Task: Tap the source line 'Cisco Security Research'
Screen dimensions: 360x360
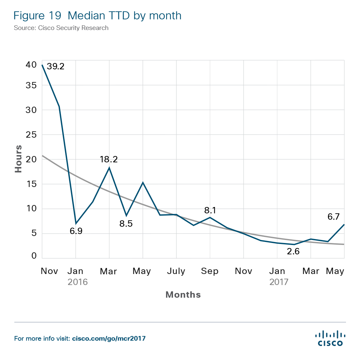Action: (61, 28)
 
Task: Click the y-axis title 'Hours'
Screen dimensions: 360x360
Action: (19, 159)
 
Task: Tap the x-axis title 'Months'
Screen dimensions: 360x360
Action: (183, 295)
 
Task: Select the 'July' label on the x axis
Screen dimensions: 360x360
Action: (176, 271)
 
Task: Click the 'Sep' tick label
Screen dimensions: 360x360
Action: (210, 271)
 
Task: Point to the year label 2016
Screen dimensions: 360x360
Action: (78, 282)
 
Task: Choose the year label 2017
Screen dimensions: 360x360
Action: (279, 282)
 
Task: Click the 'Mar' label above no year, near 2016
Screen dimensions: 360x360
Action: (109, 271)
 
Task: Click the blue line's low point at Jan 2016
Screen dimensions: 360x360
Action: (76, 223)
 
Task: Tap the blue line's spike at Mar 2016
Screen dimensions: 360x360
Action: (109, 167)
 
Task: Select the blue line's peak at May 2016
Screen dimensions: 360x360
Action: (143, 182)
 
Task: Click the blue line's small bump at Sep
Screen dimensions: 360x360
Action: (210, 217)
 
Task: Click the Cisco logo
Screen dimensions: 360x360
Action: (330, 338)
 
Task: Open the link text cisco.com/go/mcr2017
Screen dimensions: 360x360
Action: (109, 339)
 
